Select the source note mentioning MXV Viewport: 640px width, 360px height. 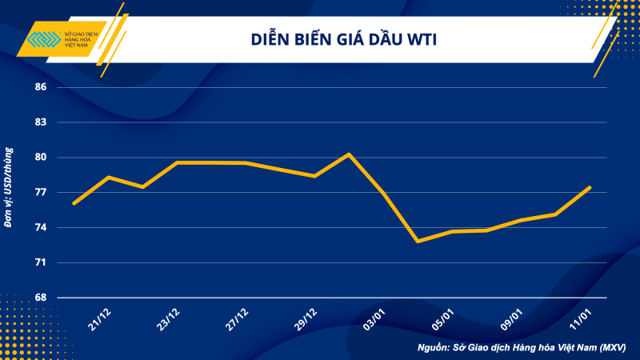(521, 348)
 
